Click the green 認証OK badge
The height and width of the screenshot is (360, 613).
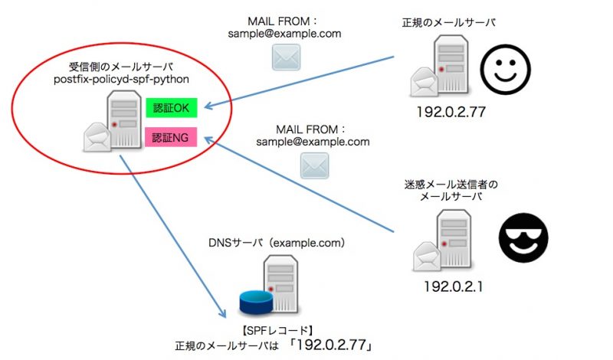coord(171,108)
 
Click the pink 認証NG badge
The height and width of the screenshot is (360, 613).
coord(171,138)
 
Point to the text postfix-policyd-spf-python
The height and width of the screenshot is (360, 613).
coord(122,79)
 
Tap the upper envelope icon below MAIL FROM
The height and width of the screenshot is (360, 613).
coord(284,57)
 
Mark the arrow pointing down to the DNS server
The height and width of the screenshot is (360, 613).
coord(173,237)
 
